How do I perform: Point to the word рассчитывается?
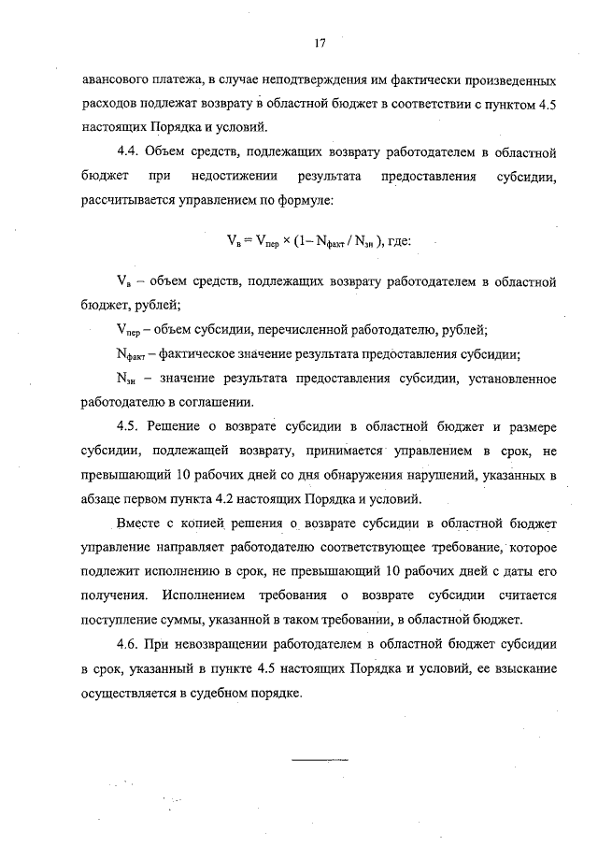point(128,200)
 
